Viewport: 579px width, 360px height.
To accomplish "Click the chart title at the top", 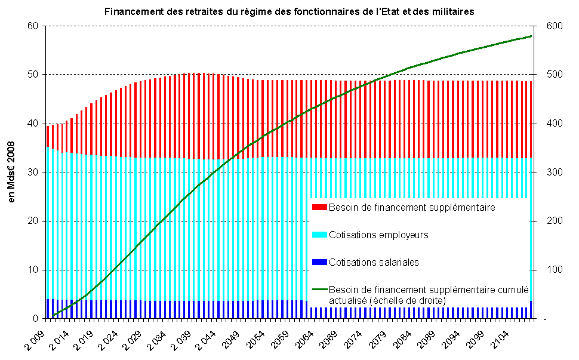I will tap(289, 11).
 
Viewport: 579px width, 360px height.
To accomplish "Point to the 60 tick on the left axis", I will tap(33, 26).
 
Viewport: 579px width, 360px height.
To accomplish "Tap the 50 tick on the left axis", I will tap(33, 75).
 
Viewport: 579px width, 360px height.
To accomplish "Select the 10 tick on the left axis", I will tap(33, 270).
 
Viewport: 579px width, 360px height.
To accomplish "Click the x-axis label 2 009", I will tap(37, 336).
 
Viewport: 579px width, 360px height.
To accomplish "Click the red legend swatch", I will tap(319, 208).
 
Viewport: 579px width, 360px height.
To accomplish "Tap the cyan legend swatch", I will tap(319, 235).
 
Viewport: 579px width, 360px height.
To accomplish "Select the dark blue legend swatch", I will tap(319, 263).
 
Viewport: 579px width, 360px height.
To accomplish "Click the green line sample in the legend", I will tap(319, 290).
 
